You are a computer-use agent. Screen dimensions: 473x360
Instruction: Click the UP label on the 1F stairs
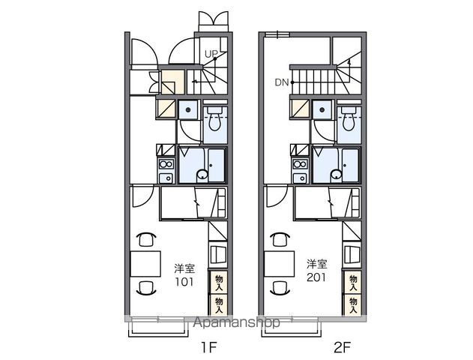(x=211, y=54)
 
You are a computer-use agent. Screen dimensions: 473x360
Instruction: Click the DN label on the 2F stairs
(x=282, y=82)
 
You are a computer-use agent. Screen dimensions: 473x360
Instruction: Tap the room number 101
(x=184, y=281)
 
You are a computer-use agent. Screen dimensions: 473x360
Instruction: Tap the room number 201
(x=316, y=277)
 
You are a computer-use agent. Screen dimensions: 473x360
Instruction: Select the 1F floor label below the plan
(x=209, y=347)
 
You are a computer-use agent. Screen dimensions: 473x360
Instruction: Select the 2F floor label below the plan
(x=342, y=347)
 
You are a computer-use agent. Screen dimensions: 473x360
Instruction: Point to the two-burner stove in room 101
(x=166, y=164)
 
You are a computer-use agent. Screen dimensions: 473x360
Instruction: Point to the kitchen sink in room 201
(x=300, y=178)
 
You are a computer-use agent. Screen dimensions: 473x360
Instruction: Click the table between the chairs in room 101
(x=145, y=264)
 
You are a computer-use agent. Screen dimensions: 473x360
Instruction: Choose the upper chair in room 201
(x=280, y=239)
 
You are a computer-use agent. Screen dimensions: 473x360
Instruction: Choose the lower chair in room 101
(x=146, y=287)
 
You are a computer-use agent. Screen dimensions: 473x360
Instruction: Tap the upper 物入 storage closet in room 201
(x=353, y=283)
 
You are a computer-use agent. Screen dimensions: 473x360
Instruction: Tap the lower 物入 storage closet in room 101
(x=219, y=305)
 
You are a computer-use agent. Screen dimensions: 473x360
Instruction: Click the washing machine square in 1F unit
(x=188, y=109)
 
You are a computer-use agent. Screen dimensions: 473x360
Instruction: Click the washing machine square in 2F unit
(x=322, y=109)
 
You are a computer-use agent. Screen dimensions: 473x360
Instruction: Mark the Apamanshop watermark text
(x=237, y=322)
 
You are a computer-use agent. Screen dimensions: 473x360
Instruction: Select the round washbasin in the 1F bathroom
(x=202, y=175)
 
